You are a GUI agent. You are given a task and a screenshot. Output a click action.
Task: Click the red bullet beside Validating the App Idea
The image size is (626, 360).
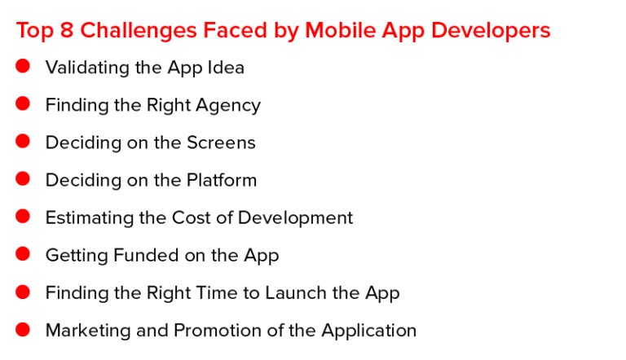pyautogui.click(x=23, y=66)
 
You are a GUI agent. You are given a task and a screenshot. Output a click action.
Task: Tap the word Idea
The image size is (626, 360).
pyautogui.click(x=226, y=68)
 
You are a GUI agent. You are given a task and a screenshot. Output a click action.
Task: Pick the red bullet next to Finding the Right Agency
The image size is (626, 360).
pyautogui.click(x=23, y=103)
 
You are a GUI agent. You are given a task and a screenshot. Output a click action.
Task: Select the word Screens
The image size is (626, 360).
pyautogui.click(x=221, y=143)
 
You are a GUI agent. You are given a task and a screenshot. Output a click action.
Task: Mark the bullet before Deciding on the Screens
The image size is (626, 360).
pyautogui.click(x=23, y=141)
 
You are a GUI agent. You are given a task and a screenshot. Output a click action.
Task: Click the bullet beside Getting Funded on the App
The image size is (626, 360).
pyautogui.click(x=23, y=254)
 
